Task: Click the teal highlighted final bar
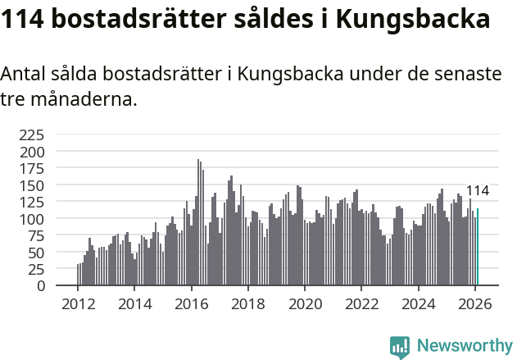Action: [478, 248]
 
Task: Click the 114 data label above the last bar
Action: [477, 191]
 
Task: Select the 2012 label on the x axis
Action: [78, 304]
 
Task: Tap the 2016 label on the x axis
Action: [191, 304]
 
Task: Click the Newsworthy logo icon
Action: [400, 347]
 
